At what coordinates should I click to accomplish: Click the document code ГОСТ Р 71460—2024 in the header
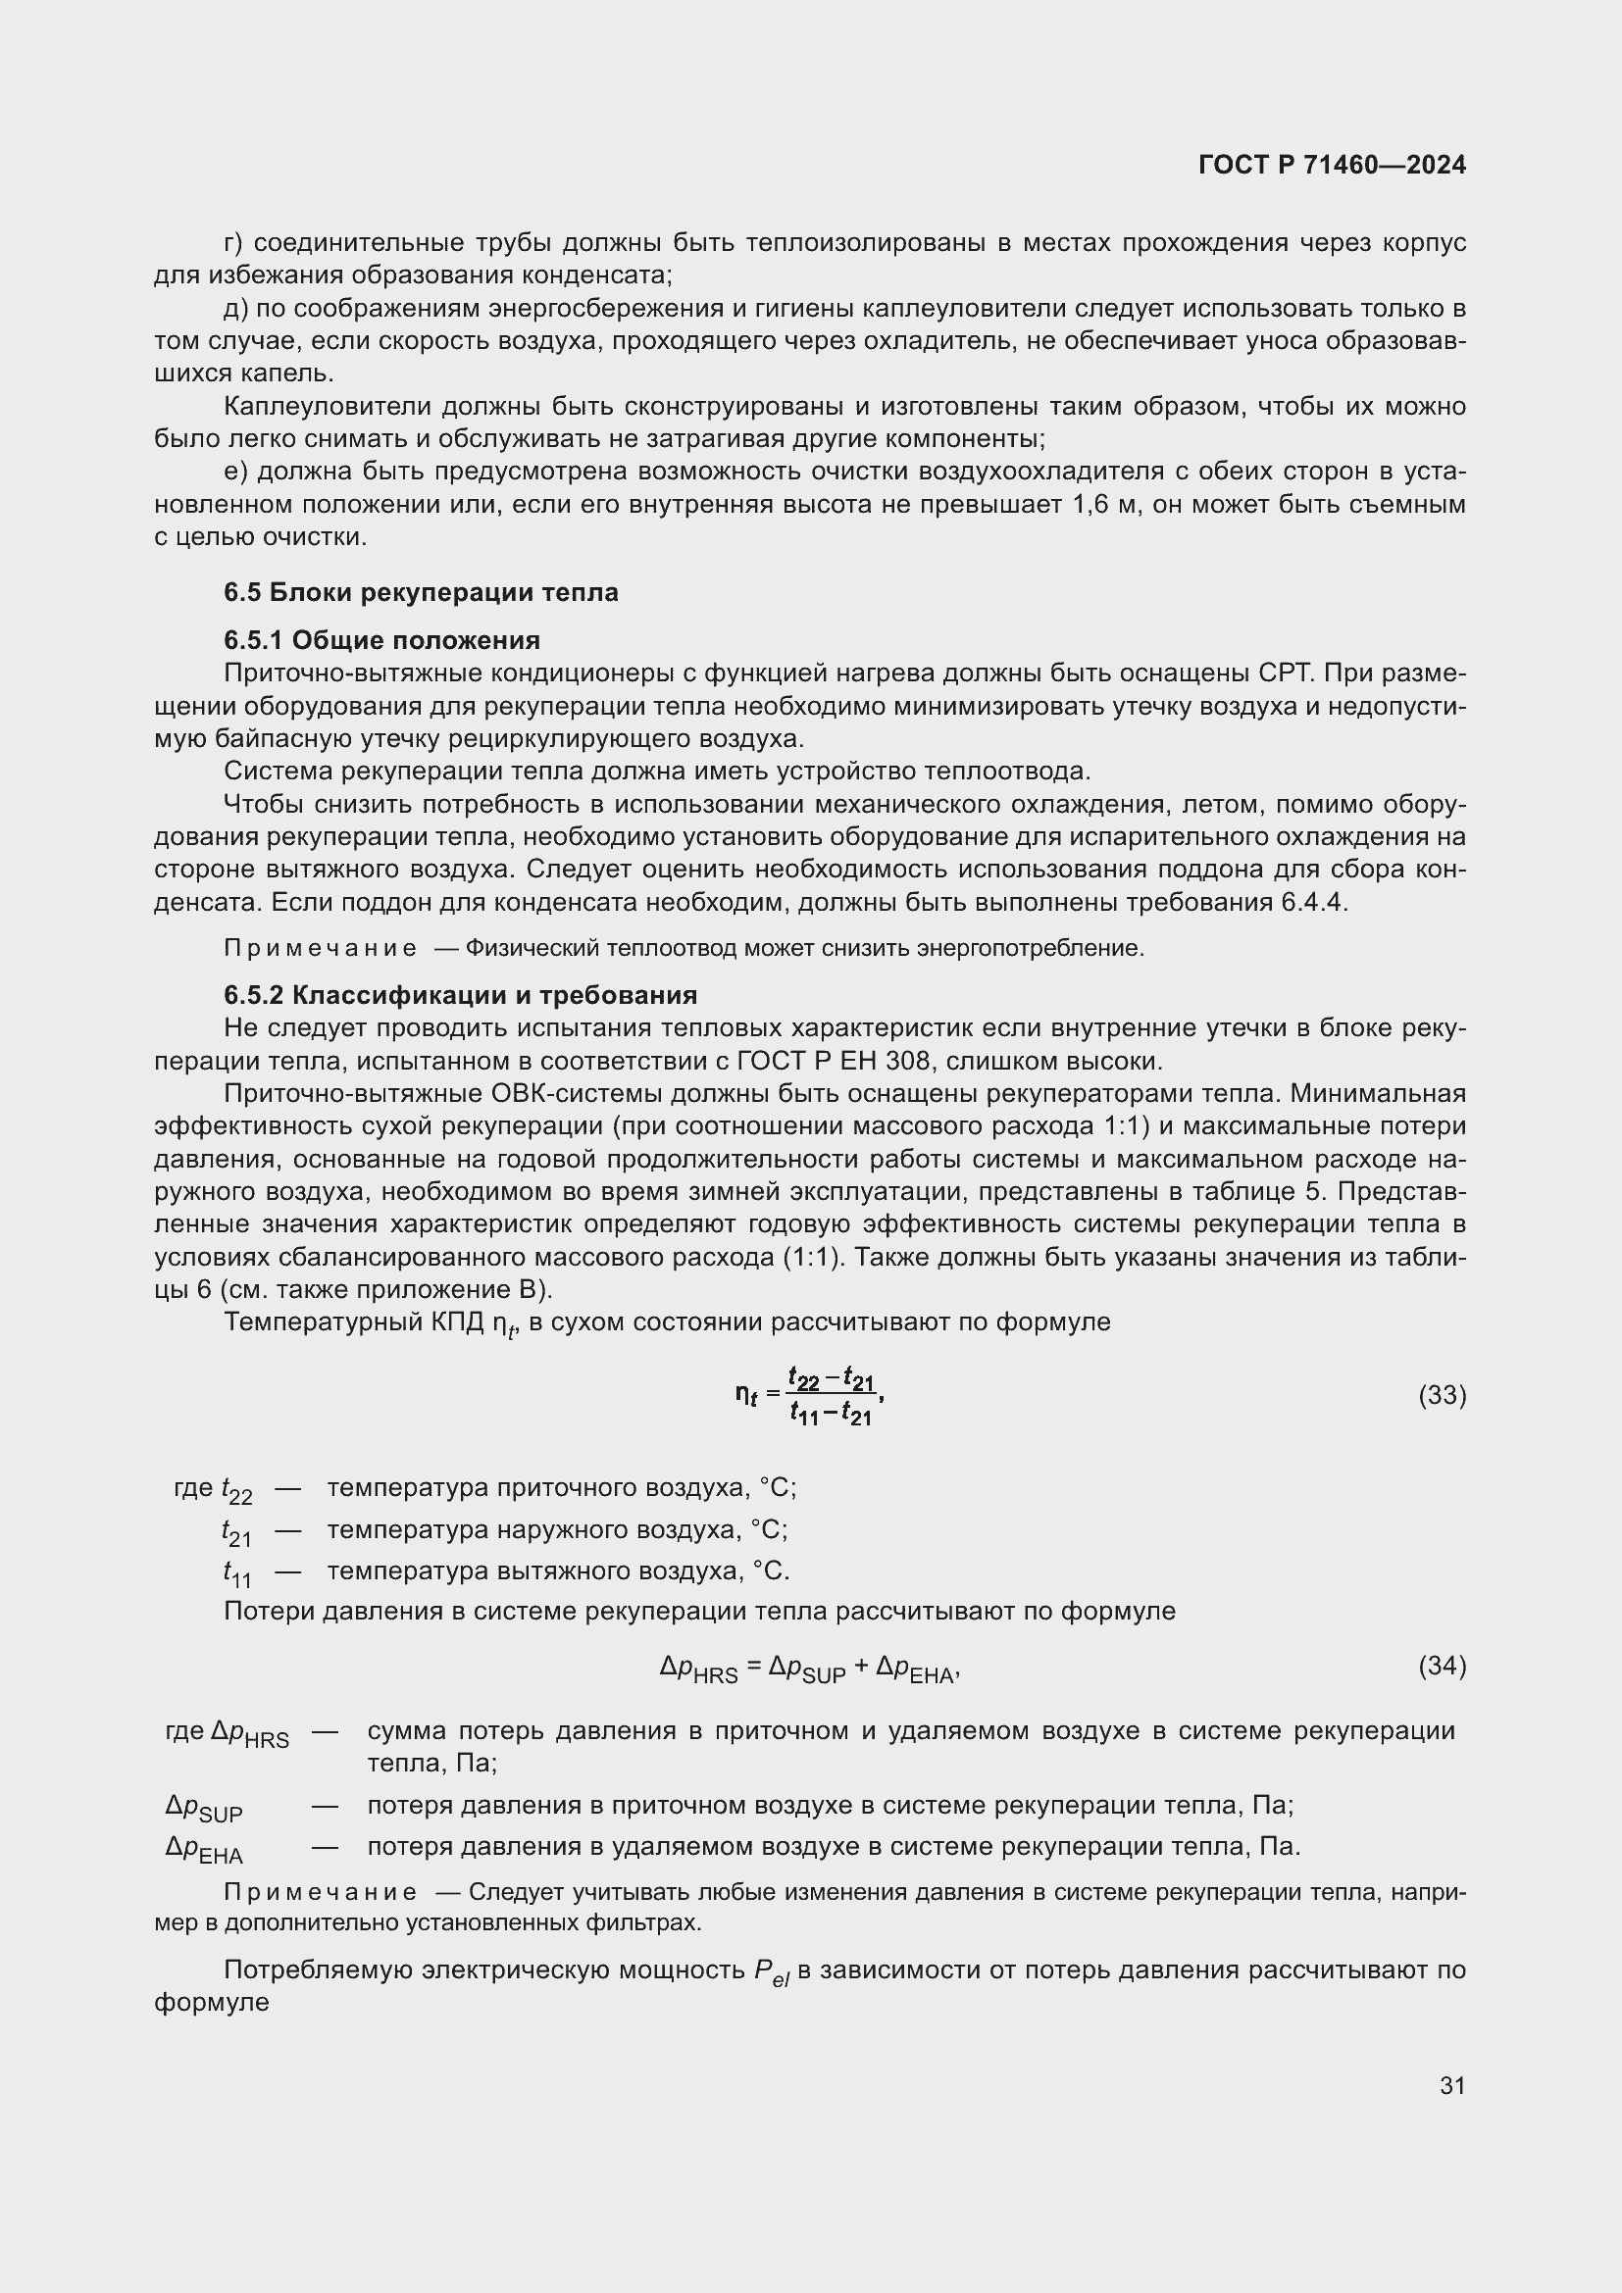(x=1332, y=165)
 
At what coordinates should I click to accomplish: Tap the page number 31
(x=1452, y=2085)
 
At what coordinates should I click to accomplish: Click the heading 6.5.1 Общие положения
(x=381, y=640)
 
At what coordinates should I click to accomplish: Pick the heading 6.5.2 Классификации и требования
(x=461, y=995)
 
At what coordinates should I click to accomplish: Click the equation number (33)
(x=1442, y=1395)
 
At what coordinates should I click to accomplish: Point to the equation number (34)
(x=1442, y=1665)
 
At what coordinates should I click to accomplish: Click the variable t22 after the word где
(x=236, y=1490)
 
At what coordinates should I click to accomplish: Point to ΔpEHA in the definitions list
(x=204, y=1849)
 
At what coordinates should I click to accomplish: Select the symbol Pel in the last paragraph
(x=771, y=1971)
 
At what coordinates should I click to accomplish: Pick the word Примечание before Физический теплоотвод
(x=321, y=948)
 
